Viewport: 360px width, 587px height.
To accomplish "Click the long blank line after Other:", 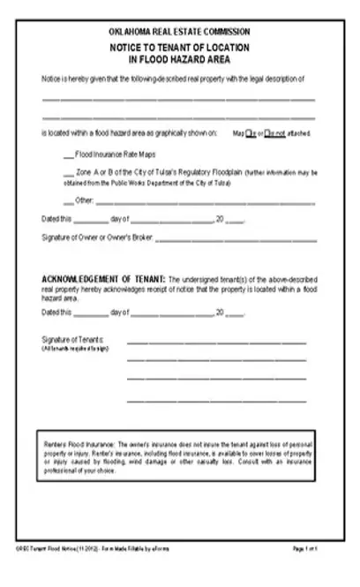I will (x=203, y=203).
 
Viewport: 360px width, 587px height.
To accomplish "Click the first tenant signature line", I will (x=216, y=342).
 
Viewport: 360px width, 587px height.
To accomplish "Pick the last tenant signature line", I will (x=216, y=401).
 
